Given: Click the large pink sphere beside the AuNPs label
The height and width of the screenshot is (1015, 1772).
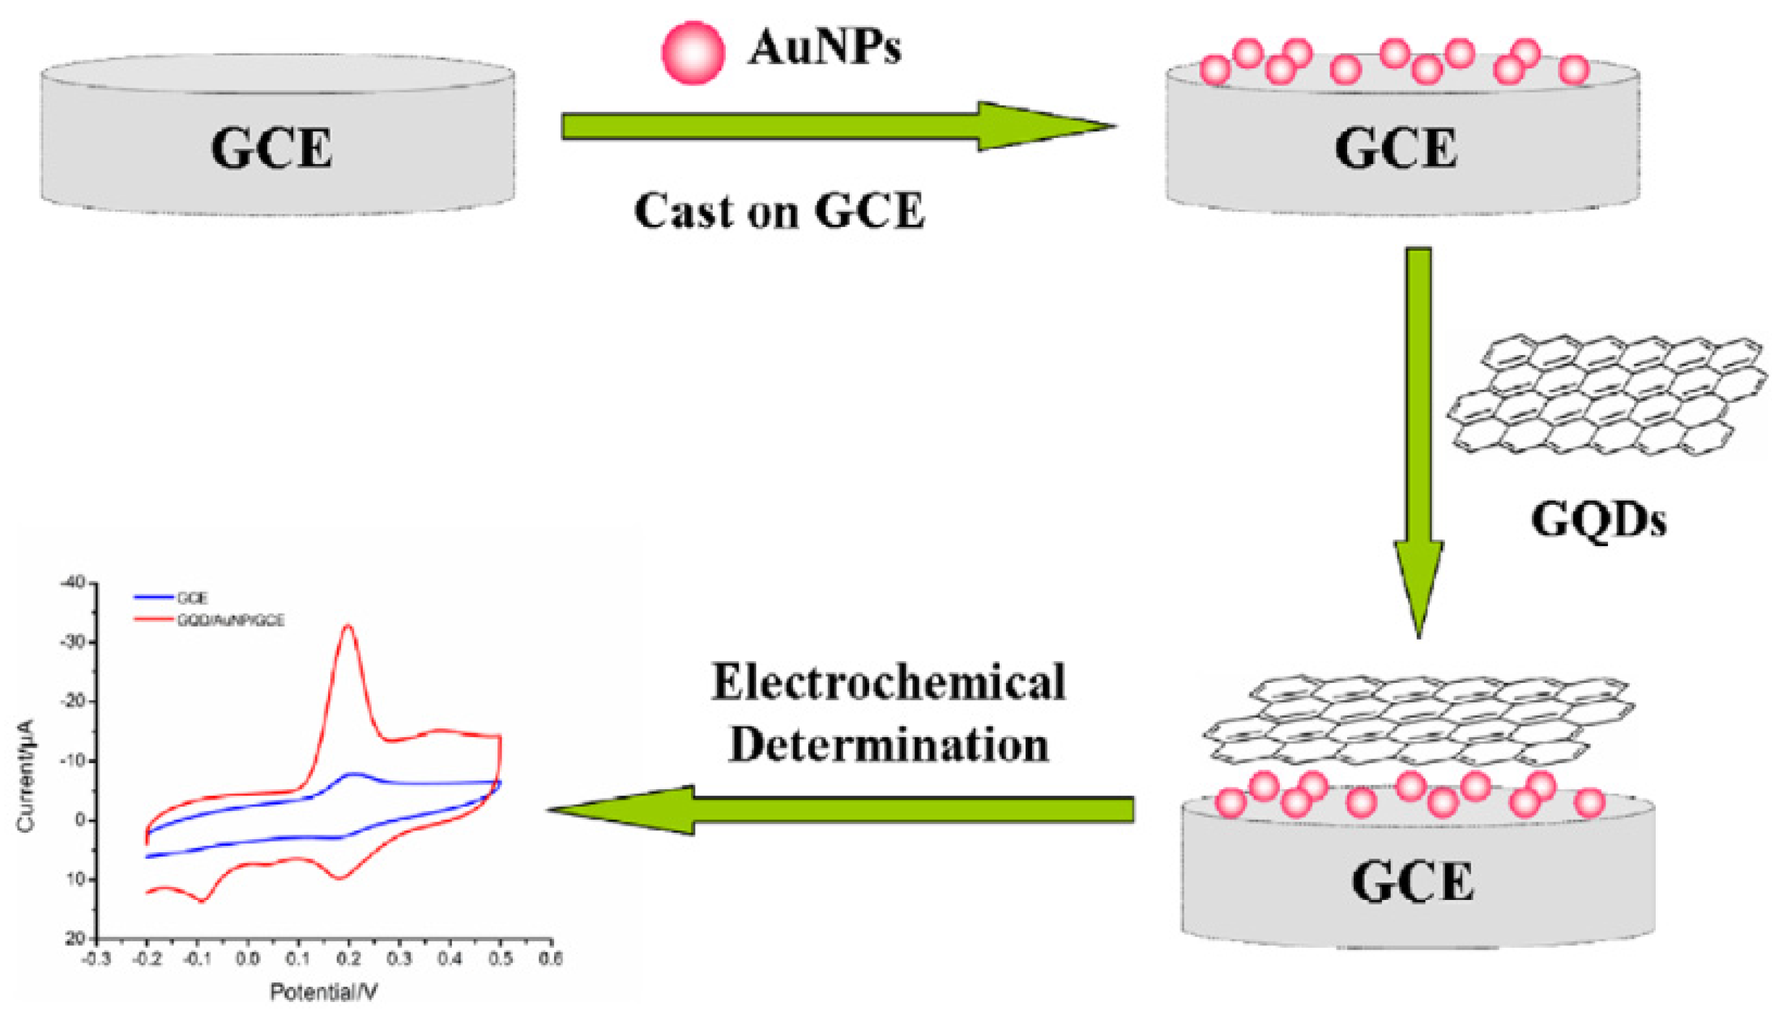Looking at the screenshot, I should click(x=693, y=52).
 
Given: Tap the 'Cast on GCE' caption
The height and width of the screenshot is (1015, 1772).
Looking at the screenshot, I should click(x=779, y=210).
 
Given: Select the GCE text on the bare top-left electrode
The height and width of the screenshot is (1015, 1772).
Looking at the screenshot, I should click(x=271, y=149).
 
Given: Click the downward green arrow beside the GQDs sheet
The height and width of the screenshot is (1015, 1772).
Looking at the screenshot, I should click(x=1418, y=432).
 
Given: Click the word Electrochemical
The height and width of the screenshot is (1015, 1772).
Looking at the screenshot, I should click(x=887, y=682).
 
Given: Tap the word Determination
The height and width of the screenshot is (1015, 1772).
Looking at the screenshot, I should click(x=887, y=744).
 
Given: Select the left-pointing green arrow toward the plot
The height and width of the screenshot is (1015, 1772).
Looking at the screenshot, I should click(x=837, y=809).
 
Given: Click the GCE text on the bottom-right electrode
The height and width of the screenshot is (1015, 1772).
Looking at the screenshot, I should click(x=1412, y=882).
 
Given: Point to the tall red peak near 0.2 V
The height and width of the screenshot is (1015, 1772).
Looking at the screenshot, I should click(x=348, y=627).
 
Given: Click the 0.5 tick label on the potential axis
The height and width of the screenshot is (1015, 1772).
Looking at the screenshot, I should click(x=499, y=959).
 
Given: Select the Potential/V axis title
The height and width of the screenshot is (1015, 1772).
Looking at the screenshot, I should click(x=323, y=992).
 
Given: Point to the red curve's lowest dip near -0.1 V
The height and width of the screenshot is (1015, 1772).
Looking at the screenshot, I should click(x=202, y=901).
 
